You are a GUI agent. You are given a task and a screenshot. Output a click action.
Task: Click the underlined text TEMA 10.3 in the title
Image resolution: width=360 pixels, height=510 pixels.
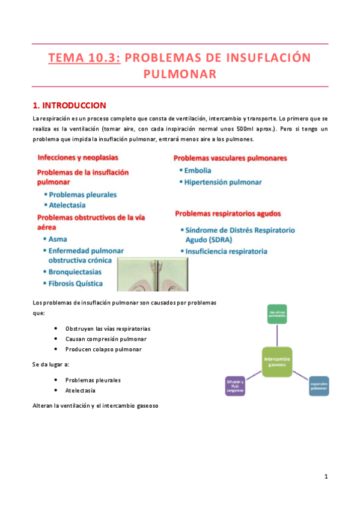[x=84, y=58]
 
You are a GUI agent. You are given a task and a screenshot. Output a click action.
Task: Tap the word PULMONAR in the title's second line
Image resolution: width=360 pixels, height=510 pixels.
[x=180, y=74]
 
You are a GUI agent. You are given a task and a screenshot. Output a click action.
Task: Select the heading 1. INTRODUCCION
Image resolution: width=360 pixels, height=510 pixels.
[x=69, y=105]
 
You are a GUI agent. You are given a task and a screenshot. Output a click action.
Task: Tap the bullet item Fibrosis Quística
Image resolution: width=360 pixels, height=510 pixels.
[x=76, y=283]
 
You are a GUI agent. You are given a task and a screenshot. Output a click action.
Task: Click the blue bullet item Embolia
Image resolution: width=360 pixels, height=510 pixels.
[x=197, y=170]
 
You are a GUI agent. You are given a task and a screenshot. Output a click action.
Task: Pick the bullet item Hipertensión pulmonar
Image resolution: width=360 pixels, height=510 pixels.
[x=223, y=182]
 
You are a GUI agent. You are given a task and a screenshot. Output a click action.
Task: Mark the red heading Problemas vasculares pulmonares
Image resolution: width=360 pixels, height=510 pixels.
[x=230, y=159]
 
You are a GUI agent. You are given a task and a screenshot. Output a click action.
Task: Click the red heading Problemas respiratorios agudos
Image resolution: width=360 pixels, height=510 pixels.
[x=228, y=214]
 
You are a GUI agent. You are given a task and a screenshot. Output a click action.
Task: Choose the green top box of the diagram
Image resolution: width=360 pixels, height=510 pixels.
[x=279, y=313]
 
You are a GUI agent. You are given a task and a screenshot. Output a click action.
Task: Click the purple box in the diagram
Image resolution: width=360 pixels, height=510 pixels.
[x=235, y=386]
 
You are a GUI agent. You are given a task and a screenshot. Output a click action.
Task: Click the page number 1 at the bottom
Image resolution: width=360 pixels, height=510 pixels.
[x=325, y=477]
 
